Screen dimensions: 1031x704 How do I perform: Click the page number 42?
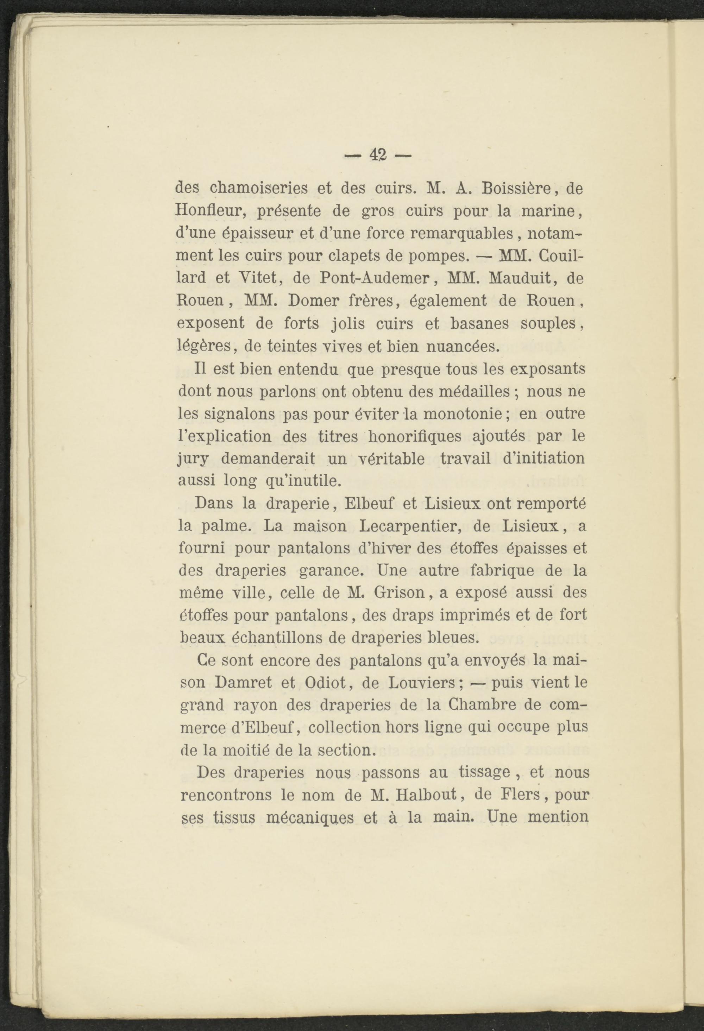(x=378, y=155)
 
